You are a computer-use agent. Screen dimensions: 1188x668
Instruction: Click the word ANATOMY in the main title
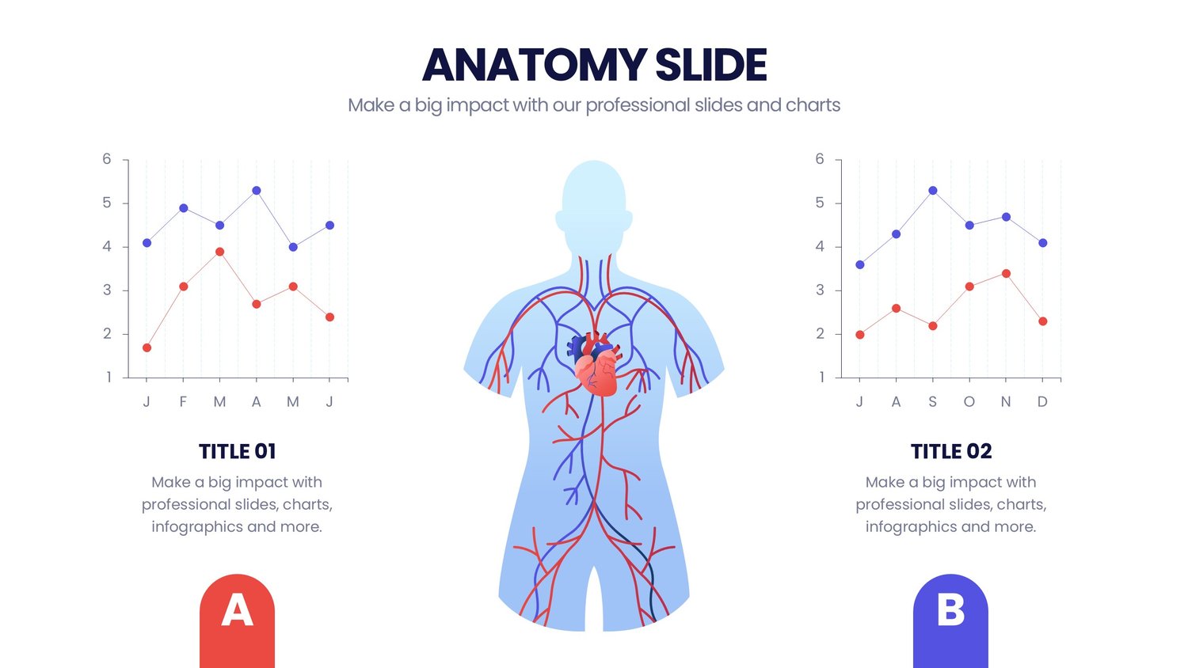click(535, 65)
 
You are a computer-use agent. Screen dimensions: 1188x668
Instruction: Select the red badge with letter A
click(237, 621)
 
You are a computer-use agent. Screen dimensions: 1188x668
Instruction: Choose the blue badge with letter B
click(950, 621)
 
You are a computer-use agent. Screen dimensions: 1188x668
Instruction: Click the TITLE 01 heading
click(237, 452)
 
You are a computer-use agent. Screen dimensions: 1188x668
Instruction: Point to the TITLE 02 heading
click(951, 452)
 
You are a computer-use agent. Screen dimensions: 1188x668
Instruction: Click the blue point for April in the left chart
click(257, 190)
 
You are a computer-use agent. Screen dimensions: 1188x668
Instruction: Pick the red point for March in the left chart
click(219, 252)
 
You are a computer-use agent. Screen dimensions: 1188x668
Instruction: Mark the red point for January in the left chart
click(147, 347)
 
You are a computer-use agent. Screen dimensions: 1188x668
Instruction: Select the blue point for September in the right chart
click(933, 190)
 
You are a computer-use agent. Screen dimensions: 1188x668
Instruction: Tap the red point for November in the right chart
click(1006, 274)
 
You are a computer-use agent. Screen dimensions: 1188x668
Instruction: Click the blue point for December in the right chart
click(1043, 243)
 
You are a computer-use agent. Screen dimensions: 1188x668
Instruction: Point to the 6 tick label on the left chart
click(107, 159)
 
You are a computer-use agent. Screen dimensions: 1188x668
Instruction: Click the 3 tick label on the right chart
click(821, 290)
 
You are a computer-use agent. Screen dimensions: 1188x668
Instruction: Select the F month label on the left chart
click(183, 402)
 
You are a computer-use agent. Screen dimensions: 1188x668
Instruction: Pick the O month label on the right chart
click(969, 402)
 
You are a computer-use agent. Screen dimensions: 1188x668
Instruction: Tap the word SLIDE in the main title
click(710, 65)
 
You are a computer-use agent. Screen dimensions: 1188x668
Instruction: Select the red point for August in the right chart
click(897, 308)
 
